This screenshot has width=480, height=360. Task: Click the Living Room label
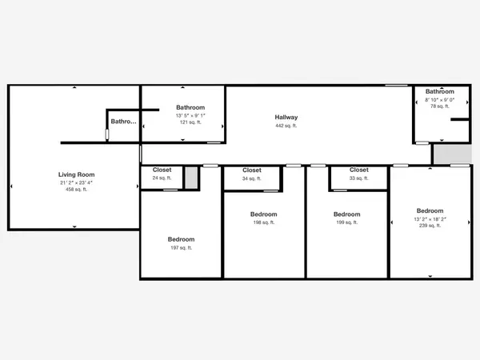77,174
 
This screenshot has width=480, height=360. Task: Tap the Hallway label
286,118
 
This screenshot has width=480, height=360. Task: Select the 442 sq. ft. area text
286,126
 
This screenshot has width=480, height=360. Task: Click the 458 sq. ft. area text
77,190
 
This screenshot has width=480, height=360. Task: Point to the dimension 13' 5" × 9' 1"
190,116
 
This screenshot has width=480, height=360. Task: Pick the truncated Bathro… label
124,122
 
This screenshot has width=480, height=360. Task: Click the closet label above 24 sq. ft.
162,170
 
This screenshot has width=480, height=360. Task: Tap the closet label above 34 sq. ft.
252,170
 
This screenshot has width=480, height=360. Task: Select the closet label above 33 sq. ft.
359,170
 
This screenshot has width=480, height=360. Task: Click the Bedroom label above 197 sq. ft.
182,239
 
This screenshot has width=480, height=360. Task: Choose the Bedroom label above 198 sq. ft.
264,214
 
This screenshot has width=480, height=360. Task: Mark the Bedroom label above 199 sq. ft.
347,214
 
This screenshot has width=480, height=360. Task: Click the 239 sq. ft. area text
430,226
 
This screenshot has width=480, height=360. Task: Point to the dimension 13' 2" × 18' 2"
430,219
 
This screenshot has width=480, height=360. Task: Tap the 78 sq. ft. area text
440,106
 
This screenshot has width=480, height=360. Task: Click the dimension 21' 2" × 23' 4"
77,182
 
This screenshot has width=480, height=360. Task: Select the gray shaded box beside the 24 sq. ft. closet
191,178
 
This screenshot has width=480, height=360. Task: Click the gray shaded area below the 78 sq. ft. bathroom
453,154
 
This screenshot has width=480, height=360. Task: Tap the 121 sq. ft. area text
190,122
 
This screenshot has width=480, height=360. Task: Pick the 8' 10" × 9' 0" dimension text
440,100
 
